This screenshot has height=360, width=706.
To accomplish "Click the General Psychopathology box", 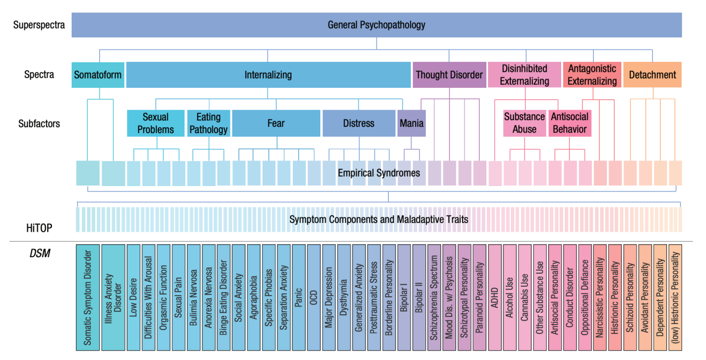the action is click(377, 25).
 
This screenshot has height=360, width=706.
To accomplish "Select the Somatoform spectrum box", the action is click(98, 75).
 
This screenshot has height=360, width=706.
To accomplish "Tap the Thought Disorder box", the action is click(450, 75).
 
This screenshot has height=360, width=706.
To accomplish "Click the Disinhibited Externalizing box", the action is click(524, 75).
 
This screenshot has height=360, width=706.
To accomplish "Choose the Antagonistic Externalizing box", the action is click(592, 75).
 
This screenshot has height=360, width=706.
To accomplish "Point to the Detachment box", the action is click(653, 75).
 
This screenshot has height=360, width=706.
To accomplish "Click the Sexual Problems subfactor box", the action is click(156, 123).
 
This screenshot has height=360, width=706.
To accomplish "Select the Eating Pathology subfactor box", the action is click(209, 123).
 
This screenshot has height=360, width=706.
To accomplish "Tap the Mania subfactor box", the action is click(412, 123).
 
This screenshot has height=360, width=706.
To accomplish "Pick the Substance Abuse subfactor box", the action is click(524, 123).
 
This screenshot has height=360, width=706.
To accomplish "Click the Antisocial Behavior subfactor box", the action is click(570, 123).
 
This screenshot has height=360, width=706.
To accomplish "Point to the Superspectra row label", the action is click(39, 25).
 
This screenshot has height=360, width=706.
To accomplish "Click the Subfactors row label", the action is click(39, 124).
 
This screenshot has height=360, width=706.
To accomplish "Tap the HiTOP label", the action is click(39, 228).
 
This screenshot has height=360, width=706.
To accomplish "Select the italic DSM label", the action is click(39, 254).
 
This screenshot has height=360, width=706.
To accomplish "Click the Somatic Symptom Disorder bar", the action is click(88, 298).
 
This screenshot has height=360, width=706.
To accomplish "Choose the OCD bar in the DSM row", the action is click(314, 298).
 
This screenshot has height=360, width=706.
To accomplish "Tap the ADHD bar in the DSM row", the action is click(495, 298).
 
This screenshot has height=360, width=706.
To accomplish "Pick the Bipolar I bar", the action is click(404, 298).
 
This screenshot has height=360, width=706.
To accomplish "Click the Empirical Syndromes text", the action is click(379, 173).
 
